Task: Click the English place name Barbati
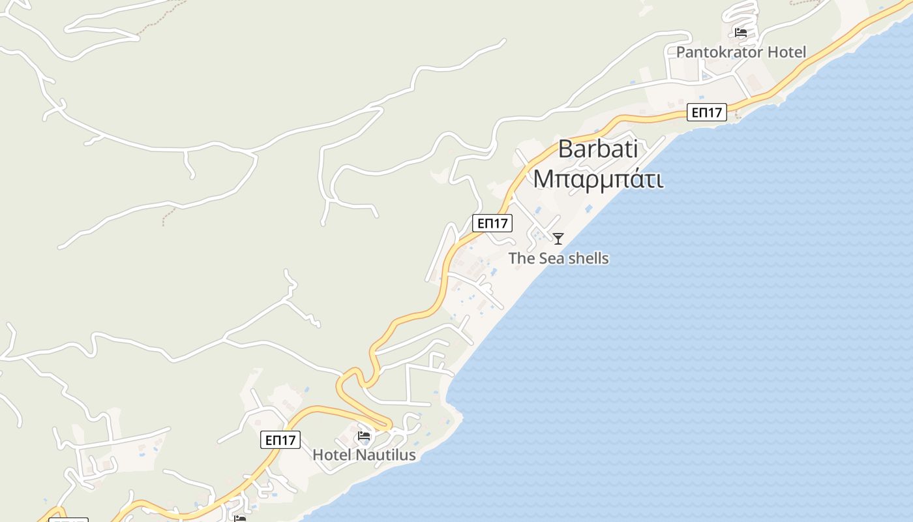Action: [x=598, y=149]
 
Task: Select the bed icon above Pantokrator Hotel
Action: [x=740, y=32]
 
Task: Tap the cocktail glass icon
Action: [x=558, y=239]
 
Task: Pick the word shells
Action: [x=587, y=258]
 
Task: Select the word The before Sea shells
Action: [x=521, y=258]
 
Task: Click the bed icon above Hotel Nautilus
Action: [x=364, y=436]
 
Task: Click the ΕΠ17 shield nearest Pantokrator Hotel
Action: [x=706, y=112]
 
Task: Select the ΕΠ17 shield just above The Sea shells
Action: [x=492, y=223]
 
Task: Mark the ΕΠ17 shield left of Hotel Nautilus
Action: [x=280, y=440]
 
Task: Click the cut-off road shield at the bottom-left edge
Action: [x=68, y=520]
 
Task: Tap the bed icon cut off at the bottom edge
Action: [x=240, y=519]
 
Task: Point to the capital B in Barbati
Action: [x=565, y=149]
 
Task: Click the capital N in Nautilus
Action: [x=363, y=455]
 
